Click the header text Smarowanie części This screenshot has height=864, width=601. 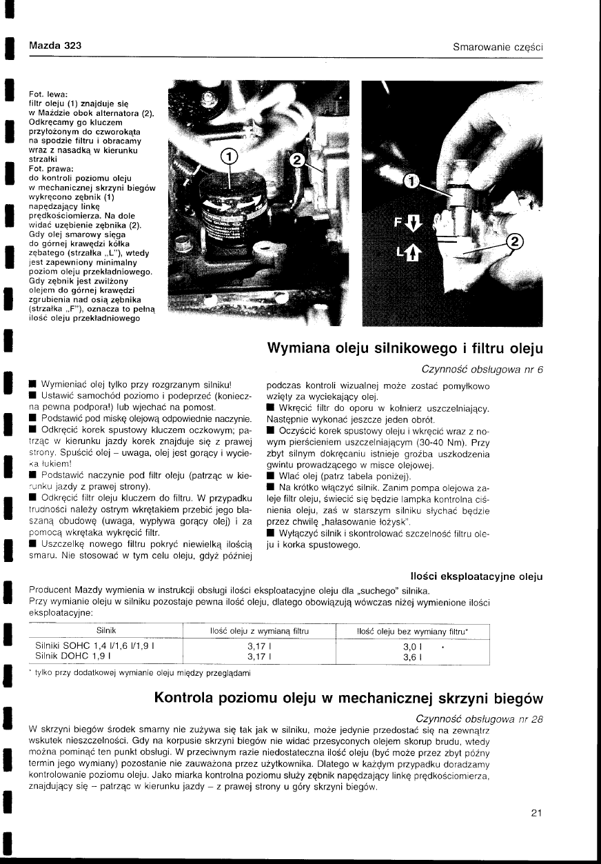498,47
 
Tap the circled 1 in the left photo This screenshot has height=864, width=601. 229,157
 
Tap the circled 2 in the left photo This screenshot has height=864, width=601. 298,160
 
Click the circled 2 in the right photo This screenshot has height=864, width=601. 514,241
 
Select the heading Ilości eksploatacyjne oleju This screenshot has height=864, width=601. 475,576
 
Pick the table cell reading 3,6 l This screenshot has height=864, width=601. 412,657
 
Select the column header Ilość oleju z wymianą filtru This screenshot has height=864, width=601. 258,631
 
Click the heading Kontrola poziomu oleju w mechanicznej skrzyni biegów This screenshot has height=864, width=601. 349,698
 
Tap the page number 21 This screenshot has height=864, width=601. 537,812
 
